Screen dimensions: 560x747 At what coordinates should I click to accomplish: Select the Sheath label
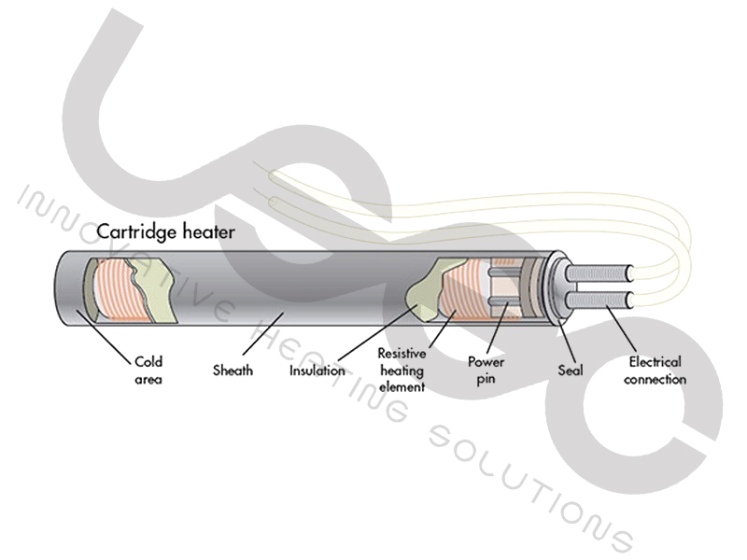[x=233, y=371]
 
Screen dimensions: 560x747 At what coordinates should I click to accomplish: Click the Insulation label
[x=317, y=371]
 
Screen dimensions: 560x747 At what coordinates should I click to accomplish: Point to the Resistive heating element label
[x=401, y=370]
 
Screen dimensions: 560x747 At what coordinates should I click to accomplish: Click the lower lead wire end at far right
[x=633, y=301]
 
